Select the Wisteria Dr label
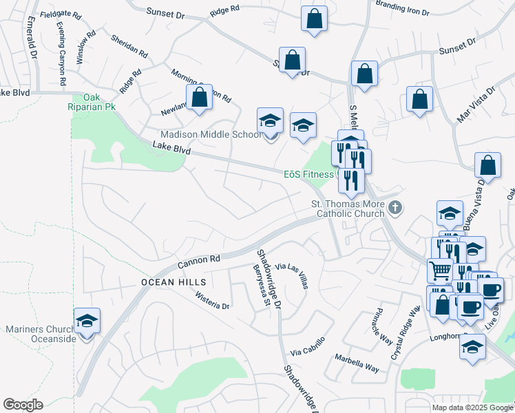tap(211, 301)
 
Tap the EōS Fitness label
tap(308, 174)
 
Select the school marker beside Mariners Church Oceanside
tap(87, 321)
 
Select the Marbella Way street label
tap(357, 363)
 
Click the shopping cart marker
tap(441, 269)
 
